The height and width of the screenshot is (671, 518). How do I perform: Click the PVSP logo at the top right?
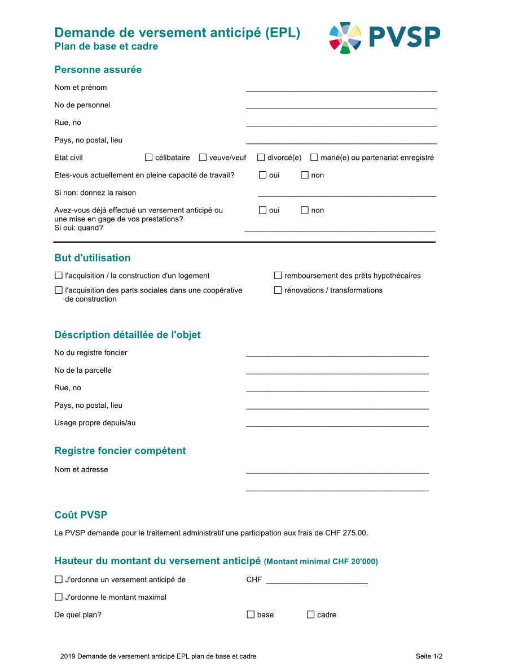point(384,38)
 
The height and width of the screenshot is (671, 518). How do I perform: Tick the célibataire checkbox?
point(149,158)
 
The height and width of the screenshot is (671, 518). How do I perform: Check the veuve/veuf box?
point(203,158)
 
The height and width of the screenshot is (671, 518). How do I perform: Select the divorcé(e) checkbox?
point(261,158)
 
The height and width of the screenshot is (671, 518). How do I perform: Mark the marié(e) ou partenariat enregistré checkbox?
point(314,158)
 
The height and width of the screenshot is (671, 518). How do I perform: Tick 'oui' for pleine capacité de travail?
point(262,175)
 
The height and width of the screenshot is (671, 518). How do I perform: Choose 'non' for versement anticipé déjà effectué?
point(305,210)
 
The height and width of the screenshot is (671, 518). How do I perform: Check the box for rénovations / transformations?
point(278,290)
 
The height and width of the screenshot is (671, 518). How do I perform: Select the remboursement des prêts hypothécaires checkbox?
point(278,276)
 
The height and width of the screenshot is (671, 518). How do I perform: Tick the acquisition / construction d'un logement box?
point(59,276)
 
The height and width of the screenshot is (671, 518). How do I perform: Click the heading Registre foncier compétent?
point(120,451)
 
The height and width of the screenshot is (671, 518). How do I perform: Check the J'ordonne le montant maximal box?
point(59,597)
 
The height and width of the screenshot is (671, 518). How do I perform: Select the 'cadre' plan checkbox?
point(310,615)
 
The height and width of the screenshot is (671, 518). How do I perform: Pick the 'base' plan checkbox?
point(251,615)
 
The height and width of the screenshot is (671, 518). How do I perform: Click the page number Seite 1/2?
point(429,656)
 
